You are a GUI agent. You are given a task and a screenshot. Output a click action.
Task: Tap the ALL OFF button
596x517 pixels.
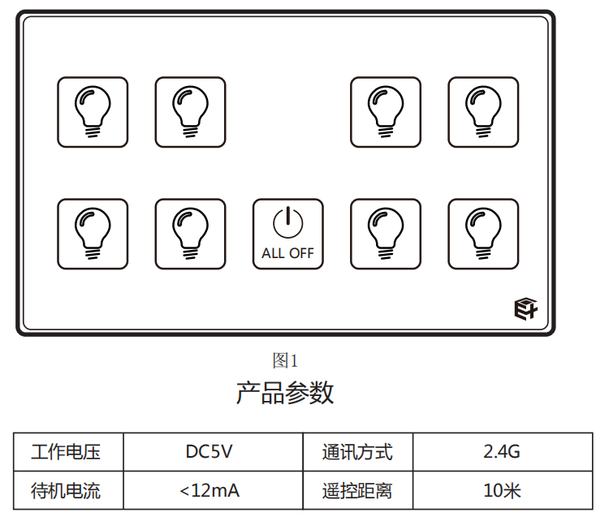click(287, 234)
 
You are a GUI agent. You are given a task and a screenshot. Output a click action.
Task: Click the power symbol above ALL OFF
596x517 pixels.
click(287, 222)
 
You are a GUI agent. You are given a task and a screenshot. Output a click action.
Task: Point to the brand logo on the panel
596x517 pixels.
click(525, 308)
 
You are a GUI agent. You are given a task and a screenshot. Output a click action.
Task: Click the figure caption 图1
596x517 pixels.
click(286, 360)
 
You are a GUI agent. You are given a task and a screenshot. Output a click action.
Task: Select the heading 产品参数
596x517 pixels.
click(285, 393)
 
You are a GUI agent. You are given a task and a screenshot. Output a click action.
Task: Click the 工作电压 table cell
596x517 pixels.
click(66, 451)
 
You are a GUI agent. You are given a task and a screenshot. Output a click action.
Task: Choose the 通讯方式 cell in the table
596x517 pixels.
click(357, 451)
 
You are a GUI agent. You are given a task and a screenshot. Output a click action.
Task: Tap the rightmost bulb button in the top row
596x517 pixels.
click(483, 112)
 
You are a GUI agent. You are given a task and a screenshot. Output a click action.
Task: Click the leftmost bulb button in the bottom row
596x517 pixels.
click(93, 234)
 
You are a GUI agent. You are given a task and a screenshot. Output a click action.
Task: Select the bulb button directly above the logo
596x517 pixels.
click(483, 234)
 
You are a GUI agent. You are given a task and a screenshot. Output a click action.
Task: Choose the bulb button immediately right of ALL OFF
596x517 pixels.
click(386, 234)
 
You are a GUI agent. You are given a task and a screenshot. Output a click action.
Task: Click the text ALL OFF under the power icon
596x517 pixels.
click(287, 253)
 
